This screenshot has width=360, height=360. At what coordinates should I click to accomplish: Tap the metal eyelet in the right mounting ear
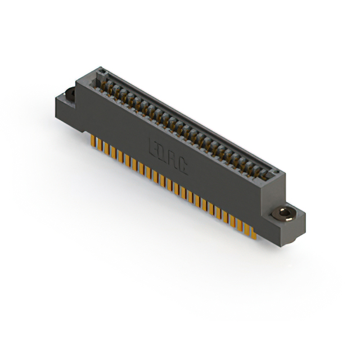pyautogui.click(x=283, y=214)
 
